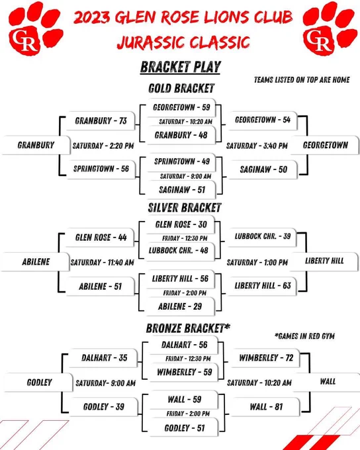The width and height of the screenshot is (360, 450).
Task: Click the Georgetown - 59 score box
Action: coord(181,107)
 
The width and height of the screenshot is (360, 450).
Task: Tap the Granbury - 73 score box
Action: coord(101,120)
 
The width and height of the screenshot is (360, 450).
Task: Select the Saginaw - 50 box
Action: coord(263,169)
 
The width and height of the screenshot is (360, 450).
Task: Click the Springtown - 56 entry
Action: coord(101,169)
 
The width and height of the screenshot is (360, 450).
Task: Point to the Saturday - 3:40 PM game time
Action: coord(257,146)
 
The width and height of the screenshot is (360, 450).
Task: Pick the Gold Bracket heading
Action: coord(181,88)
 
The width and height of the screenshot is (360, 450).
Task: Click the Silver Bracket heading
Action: coord(185,208)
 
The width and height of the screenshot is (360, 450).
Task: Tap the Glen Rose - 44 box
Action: coord(100,238)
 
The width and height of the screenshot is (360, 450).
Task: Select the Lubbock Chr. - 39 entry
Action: coord(263,236)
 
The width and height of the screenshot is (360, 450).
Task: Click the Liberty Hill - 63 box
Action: coord(263,286)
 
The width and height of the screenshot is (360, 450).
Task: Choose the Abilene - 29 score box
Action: coord(180,306)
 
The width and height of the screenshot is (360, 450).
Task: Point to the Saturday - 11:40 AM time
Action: coord(102,262)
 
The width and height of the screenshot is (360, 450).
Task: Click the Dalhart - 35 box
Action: coord(104,358)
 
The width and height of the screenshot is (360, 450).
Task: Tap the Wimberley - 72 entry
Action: coord(265,358)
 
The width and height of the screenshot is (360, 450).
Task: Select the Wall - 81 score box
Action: coord(265,407)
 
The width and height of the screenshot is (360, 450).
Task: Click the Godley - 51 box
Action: coord(184,428)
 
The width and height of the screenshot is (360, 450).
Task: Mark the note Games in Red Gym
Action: coord(304,336)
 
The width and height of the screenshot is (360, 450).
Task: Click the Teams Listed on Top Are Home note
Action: coord(302,79)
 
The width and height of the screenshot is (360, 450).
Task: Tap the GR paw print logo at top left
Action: coord(35,28)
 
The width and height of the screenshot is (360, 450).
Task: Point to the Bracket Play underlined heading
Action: coord(180,67)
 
